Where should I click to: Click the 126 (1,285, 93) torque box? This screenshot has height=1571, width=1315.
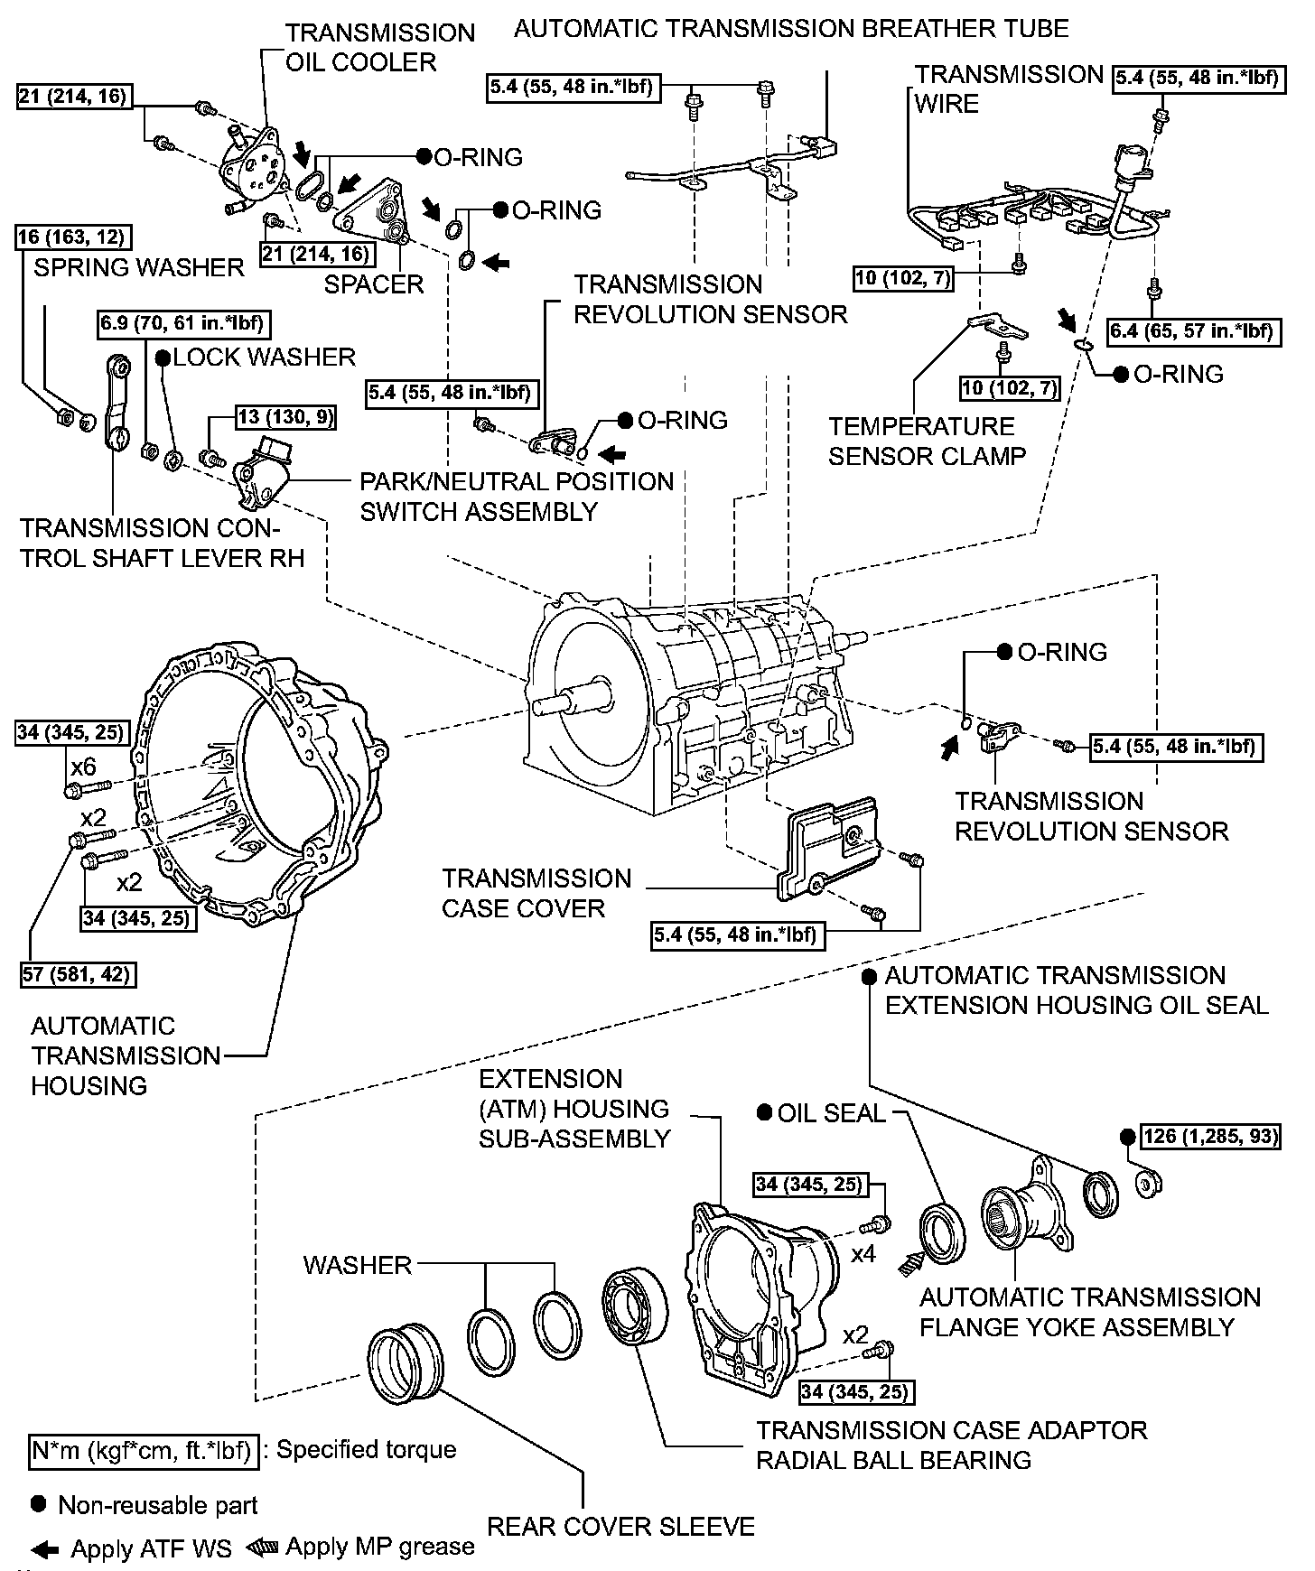click(1211, 1136)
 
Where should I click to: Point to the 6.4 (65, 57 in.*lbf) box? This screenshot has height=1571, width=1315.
click(1192, 331)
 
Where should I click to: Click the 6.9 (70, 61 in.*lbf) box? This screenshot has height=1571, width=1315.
click(184, 324)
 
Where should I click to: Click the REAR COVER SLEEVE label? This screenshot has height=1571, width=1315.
click(620, 1526)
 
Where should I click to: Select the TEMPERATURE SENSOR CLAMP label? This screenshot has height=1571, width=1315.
click(927, 441)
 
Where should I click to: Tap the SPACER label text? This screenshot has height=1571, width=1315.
click(374, 284)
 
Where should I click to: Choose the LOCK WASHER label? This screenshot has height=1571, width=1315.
click(264, 357)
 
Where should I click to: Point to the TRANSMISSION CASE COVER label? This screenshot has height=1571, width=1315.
click(536, 893)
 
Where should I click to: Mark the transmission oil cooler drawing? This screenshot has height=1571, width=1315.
click(256, 168)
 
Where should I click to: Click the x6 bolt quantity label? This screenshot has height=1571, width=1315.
click(83, 767)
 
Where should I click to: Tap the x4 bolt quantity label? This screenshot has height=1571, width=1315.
click(863, 1254)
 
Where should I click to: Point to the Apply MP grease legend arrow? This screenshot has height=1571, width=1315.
click(263, 1547)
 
